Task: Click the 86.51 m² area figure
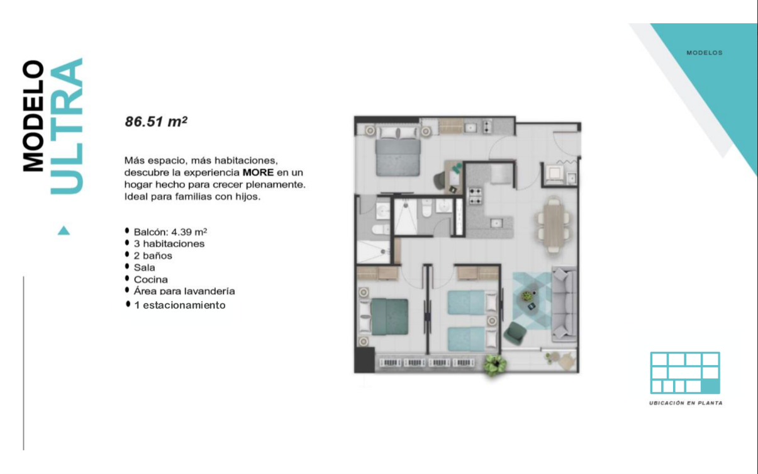coord(156,121)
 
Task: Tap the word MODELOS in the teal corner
coord(705,53)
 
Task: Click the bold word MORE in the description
coord(258,172)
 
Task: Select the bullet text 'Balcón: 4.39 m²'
coord(170,232)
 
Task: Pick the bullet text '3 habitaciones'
coord(169,244)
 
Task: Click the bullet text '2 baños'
coord(153,256)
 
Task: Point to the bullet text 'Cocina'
coord(151,279)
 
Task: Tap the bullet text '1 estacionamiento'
coord(180,305)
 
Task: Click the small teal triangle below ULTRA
coord(64,231)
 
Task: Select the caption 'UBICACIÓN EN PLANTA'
coord(686,403)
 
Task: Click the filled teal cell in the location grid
coord(710,387)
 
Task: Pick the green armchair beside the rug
coord(515,334)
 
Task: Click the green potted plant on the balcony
coord(495,364)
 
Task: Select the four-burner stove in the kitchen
coord(475,196)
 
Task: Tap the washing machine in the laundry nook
coord(554,174)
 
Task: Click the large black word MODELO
coord(33,116)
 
